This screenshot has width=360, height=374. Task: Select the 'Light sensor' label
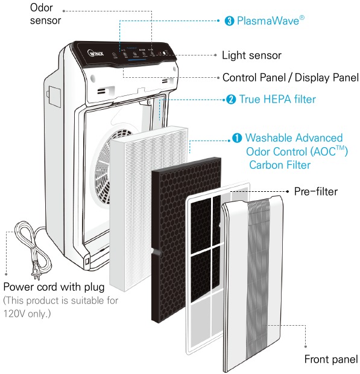point(251,55)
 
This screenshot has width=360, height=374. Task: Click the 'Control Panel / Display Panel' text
point(290,77)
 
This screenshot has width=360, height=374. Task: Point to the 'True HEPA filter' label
point(277,99)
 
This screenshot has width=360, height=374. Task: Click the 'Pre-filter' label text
point(315,192)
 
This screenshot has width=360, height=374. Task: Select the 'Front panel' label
point(330,360)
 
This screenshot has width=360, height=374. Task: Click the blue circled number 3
point(229,21)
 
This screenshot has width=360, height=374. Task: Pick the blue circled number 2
point(230,99)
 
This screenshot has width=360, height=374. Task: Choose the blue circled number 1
point(238,138)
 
